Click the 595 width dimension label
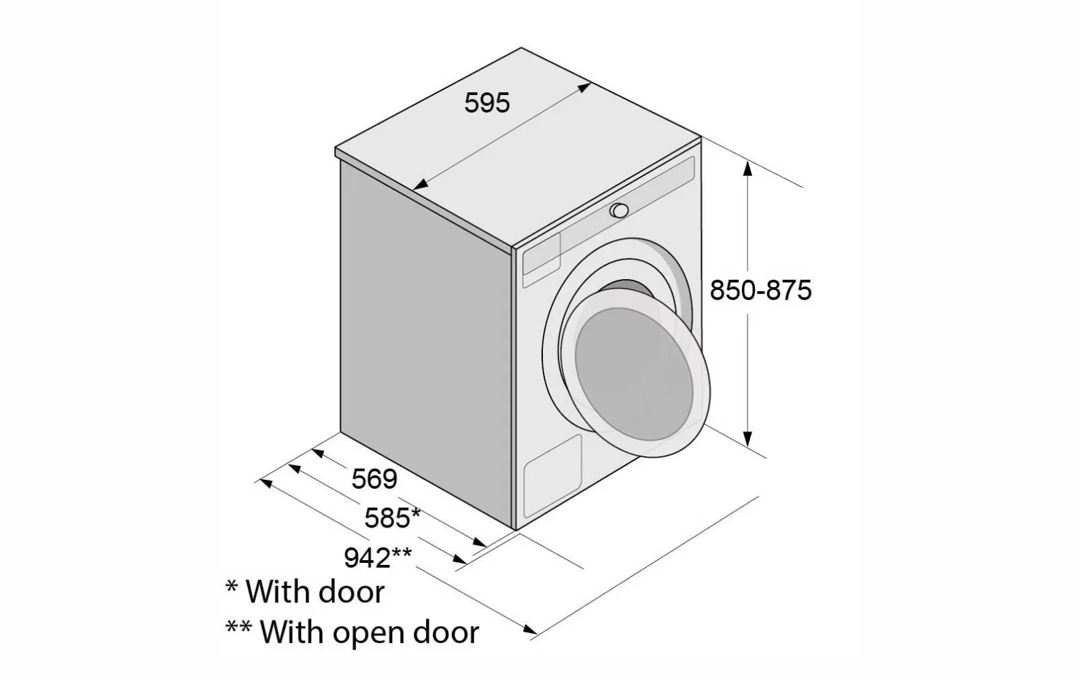point(487,103)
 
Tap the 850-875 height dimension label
point(760,291)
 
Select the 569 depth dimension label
point(374,479)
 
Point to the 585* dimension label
point(392,518)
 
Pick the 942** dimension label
point(378,557)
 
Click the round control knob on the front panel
point(619,210)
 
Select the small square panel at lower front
point(552,469)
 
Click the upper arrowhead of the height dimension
point(748,167)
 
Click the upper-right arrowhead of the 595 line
point(584,88)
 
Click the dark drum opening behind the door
point(632,289)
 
